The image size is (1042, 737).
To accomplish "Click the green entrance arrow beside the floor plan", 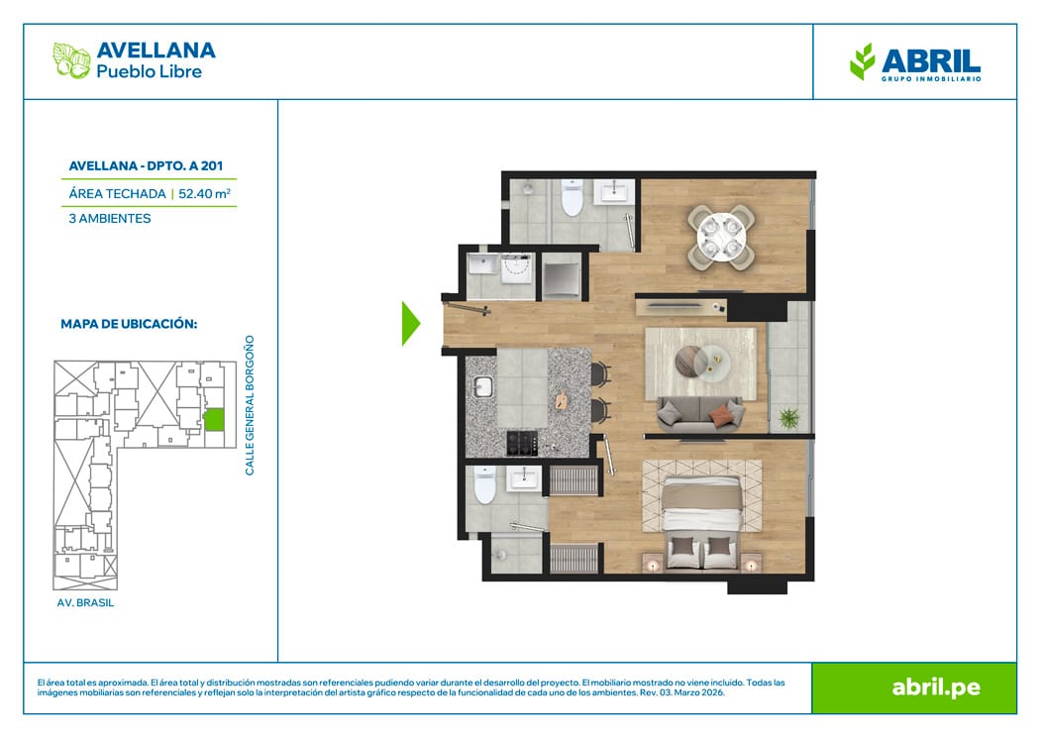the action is [410, 324].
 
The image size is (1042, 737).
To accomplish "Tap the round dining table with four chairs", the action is [721, 237].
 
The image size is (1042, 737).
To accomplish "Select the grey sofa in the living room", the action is [699, 413].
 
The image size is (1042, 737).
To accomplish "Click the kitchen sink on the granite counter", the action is [483, 386].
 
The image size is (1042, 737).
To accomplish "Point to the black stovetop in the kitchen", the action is [522, 443].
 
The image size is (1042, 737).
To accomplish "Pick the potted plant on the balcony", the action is [788, 418].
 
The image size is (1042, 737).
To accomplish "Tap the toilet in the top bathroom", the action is [572, 197].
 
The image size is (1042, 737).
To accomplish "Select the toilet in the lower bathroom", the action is [484, 484].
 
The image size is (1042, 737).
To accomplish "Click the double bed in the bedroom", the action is [701, 522].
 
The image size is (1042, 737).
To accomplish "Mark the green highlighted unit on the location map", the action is [213, 420].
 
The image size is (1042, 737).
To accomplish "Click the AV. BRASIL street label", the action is [86, 602].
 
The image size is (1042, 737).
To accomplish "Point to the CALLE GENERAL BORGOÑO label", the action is [250, 405].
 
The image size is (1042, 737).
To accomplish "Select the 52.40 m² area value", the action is [205, 193].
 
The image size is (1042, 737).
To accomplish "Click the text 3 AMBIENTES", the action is [110, 219].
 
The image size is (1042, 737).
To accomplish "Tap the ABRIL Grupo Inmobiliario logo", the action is [915, 62].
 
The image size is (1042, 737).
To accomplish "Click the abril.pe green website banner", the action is [914, 687].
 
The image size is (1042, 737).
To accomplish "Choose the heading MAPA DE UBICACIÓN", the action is [129, 324].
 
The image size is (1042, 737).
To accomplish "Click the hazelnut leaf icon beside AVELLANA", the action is [71, 60].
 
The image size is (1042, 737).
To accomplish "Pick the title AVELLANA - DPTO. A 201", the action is [147, 166].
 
